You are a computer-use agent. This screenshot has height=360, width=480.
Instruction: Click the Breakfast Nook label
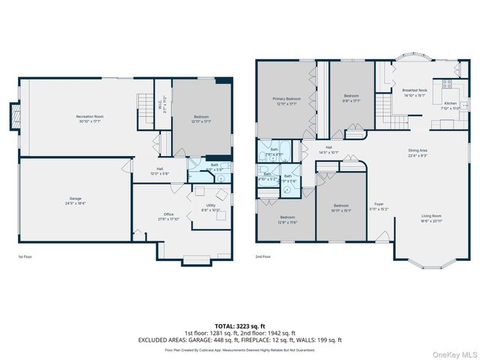pyautogui.click(x=413, y=92)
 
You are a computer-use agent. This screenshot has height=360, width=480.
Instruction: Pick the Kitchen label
pyautogui.click(x=450, y=105)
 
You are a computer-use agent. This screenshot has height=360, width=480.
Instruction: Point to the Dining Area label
pyautogui.click(x=418, y=152)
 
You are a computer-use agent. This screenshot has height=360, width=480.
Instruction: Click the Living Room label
pyautogui.click(x=430, y=218)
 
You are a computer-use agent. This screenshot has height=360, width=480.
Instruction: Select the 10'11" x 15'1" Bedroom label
pyautogui.click(x=342, y=208)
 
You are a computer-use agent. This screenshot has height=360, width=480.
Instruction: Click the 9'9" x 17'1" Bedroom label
pyautogui.click(x=352, y=97)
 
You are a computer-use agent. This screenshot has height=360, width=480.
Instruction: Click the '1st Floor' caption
pyautogui.click(x=25, y=256)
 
